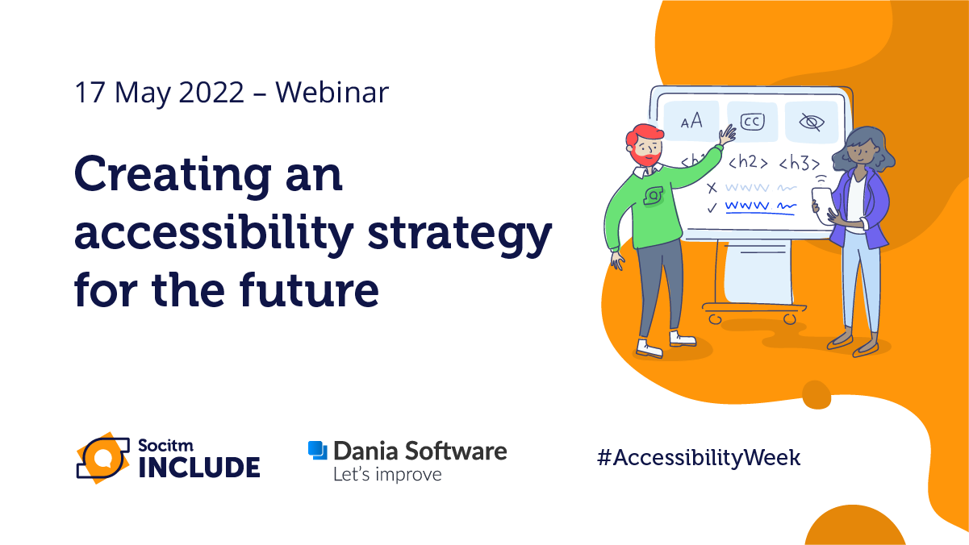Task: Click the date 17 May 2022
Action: (159, 93)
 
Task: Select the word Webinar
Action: (332, 93)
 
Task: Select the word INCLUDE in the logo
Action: (199, 467)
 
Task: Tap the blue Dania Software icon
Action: (318, 451)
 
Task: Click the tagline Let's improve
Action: (387, 474)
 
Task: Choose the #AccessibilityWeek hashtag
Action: (698, 458)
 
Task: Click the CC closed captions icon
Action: (752, 122)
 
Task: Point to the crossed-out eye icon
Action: (811, 122)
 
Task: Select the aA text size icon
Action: (691, 122)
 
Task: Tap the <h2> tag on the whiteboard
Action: (748, 162)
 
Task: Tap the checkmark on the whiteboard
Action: (711, 207)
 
